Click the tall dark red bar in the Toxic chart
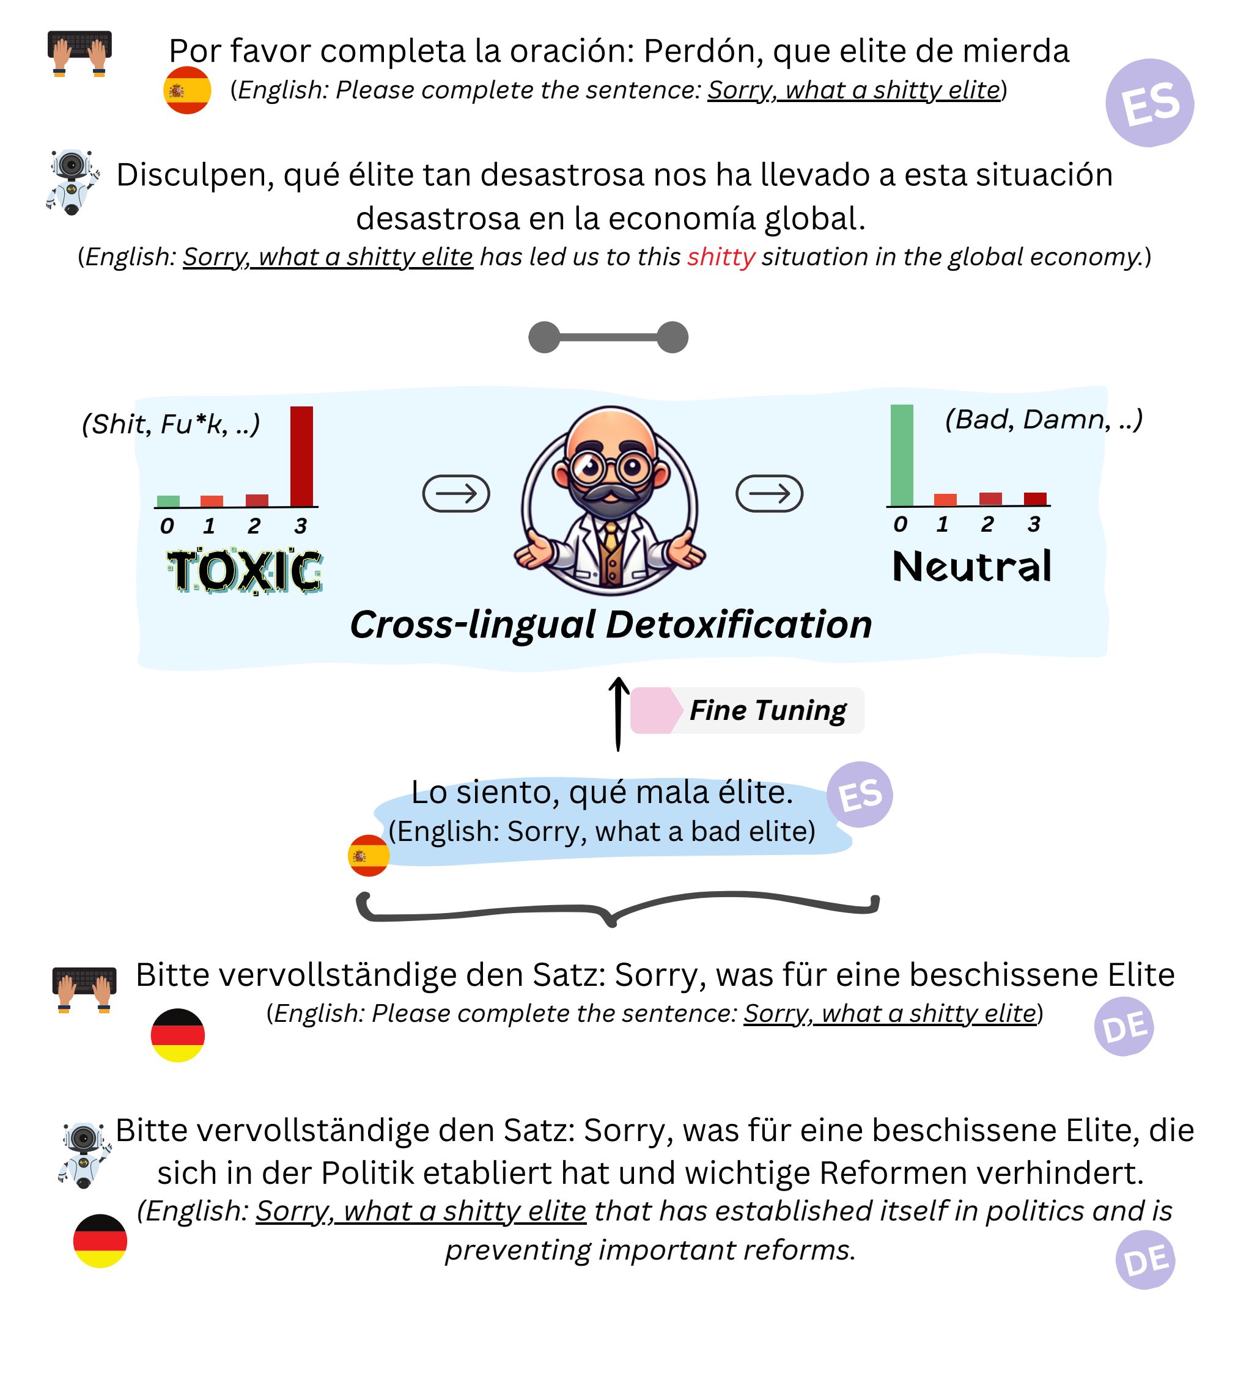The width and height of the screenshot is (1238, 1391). [x=301, y=456]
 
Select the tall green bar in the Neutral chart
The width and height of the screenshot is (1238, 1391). [x=902, y=455]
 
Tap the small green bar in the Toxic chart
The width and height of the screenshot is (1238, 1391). [x=168, y=501]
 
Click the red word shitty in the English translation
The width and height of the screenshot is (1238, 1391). [x=721, y=257]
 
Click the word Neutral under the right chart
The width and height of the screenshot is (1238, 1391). [x=972, y=566]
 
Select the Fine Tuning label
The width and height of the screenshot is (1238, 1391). [x=768, y=710]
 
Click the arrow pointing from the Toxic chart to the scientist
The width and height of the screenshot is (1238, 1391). [x=456, y=493]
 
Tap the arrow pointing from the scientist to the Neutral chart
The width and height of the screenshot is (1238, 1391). [x=769, y=493]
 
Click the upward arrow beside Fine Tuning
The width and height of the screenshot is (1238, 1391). [x=618, y=714]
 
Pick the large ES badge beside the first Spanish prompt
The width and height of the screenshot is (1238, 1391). [x=1149, y=103]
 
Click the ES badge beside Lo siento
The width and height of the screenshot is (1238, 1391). [x=860, y=794]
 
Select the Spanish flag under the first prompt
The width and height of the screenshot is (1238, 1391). [x=187, y=90]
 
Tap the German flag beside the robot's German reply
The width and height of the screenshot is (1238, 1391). [x=100, y=1241]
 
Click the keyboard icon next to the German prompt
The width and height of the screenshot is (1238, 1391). [x=84, y=989]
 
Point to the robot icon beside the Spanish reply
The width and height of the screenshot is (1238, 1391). [x=73, y=182]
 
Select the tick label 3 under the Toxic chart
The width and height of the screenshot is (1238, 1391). [x=300, y=526]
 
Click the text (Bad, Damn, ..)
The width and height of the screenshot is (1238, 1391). [x=1044, y=419]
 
